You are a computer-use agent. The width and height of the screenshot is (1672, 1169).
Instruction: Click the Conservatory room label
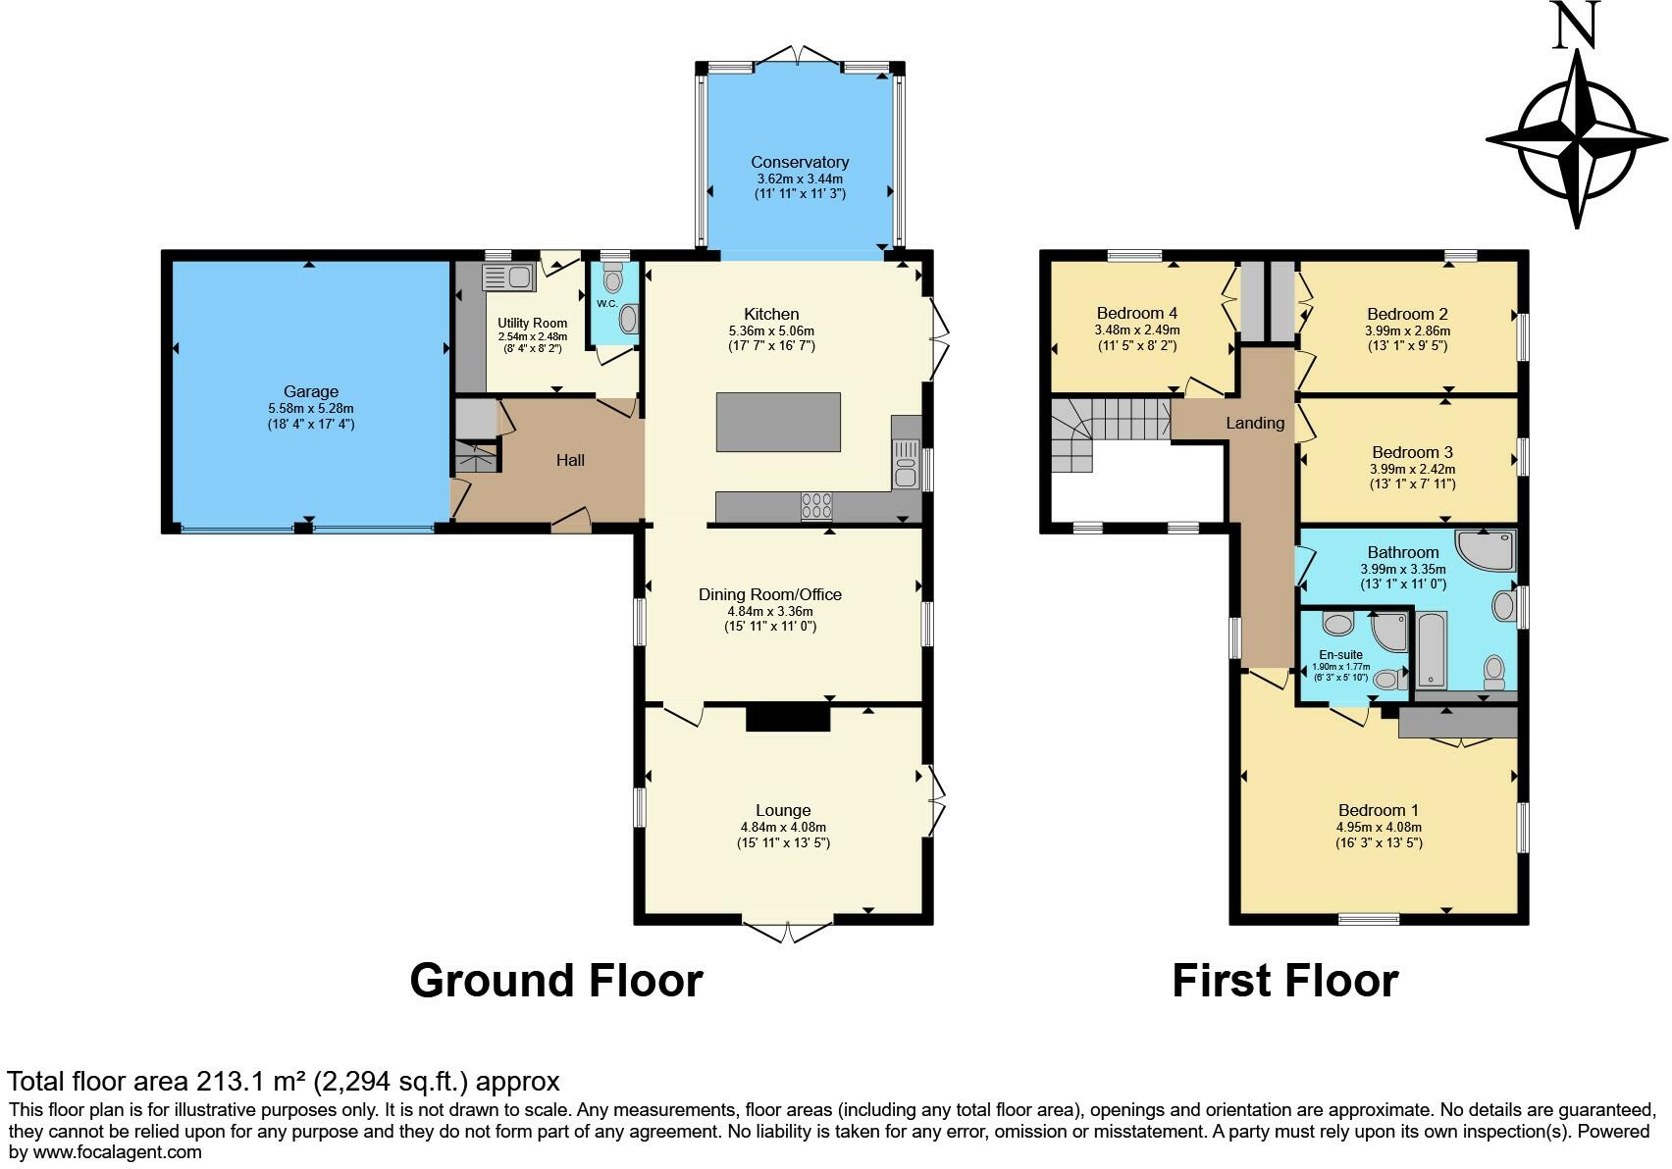click(x=800, y=162)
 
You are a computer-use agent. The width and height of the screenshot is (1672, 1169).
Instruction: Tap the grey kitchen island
click(x=778, y=422)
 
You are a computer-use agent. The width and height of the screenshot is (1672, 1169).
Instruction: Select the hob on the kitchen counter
click(x=816, y=505)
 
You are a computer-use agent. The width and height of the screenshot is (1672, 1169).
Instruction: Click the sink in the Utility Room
click(x=508, y=277)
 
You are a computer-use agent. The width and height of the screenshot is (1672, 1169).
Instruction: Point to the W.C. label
click(x=606, y=303)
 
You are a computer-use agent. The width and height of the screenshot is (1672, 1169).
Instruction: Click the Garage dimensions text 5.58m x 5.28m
click(x=311, y=408)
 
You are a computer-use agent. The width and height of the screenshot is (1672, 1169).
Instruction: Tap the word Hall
click(x=570, y=460)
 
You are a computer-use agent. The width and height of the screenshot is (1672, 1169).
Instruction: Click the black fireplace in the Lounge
click(x=788, y=718)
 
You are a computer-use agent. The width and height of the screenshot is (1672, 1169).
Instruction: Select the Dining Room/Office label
click(x=770, y=594)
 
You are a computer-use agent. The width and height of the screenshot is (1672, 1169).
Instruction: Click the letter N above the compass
click(x=1576, y=26)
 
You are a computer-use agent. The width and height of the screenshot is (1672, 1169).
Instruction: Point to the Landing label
click(x=1255, y=423)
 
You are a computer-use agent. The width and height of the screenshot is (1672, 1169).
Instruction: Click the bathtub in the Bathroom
click(x=1433, y=647)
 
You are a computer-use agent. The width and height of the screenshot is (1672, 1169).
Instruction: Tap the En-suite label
click(x=1340, y=655)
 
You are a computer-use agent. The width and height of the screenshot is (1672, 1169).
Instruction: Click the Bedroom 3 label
click(x=1412, y=452)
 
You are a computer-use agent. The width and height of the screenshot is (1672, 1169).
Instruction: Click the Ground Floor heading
click(x=555, y=981)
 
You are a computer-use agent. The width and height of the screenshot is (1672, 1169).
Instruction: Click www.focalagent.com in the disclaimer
click(x=118, y=1152)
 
